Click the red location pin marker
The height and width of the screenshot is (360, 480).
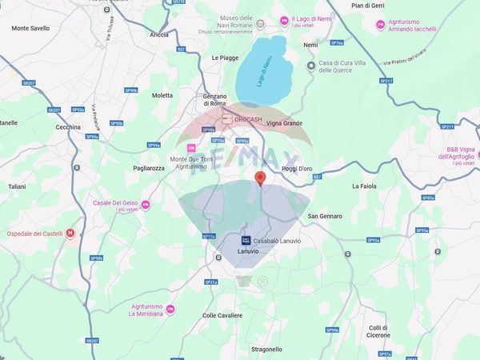258,178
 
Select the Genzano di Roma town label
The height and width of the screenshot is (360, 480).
214,100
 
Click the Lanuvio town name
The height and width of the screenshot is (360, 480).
227,252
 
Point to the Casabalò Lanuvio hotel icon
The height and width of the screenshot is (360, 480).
246,240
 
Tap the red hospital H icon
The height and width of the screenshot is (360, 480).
70,233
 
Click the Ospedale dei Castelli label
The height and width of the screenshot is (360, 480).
33,233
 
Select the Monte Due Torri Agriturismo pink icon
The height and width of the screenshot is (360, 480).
191,148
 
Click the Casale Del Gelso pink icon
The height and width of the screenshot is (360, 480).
146,204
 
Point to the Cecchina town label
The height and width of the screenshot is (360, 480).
68,127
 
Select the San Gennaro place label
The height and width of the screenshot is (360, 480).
325,216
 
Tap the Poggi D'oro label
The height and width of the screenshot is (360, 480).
301,169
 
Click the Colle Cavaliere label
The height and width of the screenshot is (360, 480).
222,315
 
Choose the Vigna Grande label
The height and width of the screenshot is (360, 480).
284,123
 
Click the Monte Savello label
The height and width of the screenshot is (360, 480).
30,28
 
